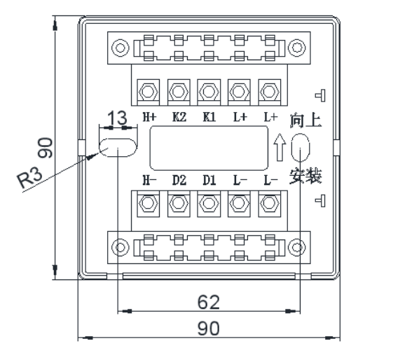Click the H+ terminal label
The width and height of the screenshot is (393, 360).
[149, 117]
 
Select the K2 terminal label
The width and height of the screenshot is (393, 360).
[179, 117]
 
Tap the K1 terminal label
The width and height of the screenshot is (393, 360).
[209, 117]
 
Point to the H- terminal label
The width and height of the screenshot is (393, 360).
[149, 181]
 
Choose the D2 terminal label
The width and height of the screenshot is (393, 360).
[179, 181]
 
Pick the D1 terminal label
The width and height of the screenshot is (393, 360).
[209, 181]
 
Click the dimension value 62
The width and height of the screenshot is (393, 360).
[209, 302]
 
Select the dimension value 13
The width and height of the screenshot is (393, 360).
[117, 118]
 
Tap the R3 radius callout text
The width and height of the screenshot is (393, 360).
[29, 178]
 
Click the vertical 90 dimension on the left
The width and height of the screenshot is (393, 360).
[46, 148]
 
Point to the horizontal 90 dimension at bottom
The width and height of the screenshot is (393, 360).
[209, 328]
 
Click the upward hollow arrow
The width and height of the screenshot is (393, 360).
[280, 147]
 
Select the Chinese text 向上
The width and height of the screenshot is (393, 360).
[305, 121]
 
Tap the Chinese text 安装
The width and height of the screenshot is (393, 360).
[305, 176]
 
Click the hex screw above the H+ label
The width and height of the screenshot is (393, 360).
[148, 92]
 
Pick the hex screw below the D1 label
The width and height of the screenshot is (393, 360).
[209, 202]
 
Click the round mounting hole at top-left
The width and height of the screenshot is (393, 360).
[120, 48]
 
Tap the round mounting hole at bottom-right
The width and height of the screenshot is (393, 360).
[297, 247]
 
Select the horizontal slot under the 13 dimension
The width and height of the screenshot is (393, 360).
[118, 148]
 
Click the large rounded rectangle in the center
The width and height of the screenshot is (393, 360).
[209, 148]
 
